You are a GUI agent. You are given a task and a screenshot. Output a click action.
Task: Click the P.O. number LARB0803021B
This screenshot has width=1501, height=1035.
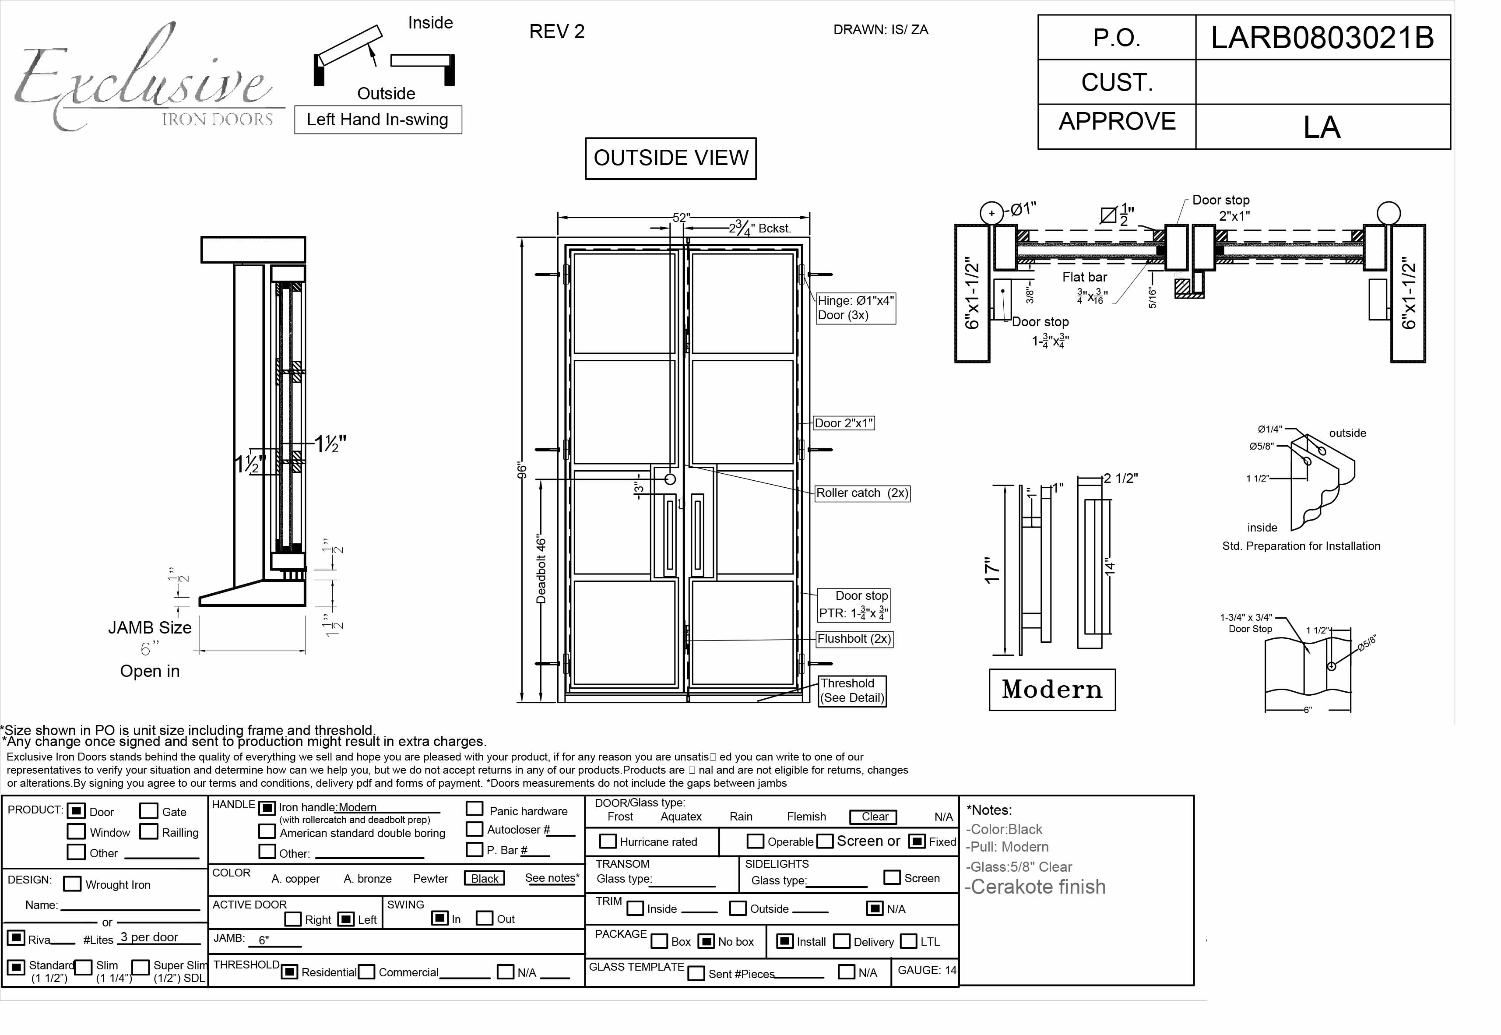(1322, 38)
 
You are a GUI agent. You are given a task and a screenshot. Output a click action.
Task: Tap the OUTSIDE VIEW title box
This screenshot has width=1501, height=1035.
(671, 158)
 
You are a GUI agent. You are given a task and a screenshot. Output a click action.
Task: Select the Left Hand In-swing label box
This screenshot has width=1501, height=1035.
(378, 120)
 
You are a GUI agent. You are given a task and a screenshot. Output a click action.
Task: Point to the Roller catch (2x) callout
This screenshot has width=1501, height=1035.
(862, 493)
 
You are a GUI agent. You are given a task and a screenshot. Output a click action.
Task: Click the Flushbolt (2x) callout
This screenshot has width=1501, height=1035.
(854, 639)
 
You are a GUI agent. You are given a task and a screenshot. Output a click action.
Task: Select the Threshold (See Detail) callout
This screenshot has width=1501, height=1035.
(851, 690)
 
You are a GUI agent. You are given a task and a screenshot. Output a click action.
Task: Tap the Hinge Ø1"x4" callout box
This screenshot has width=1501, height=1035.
(855, 308)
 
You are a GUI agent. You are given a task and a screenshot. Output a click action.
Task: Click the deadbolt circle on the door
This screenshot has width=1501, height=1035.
(671, 479)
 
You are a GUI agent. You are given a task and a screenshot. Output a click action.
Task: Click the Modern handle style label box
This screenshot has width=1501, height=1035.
(1052, 690)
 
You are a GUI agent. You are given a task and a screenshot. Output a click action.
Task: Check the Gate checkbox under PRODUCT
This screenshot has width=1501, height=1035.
(148, 811)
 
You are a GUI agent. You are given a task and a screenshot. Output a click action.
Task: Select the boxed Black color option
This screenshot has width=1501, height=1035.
(484, 879)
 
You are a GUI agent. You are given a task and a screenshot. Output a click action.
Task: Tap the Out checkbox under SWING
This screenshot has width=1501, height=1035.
(484, 918)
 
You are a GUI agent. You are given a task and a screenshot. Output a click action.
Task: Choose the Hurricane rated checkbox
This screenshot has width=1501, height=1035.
(608, 841)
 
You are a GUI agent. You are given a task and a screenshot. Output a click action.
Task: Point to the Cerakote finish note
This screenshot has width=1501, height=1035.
(1035, 887)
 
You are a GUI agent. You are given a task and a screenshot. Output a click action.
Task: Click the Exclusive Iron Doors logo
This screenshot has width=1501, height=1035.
(146, 81)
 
